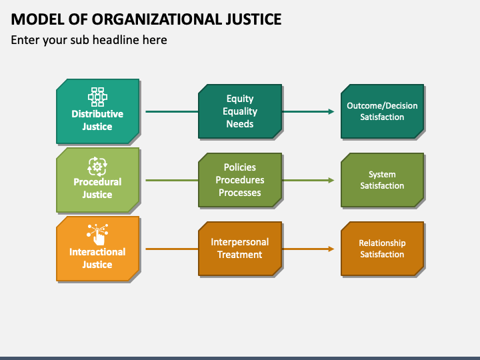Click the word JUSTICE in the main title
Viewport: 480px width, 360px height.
(254, 19)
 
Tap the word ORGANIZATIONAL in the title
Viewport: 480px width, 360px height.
(157, 19)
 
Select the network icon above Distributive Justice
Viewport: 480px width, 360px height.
(97, 97)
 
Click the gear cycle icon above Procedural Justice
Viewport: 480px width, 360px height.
(97, 167)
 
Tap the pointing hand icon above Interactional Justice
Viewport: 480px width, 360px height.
(97, 235)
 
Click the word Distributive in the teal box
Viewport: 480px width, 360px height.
(97, 114)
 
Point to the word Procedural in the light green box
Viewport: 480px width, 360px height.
(97, 182)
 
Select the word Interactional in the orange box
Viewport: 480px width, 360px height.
(97, 251)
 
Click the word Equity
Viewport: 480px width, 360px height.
(240, 99)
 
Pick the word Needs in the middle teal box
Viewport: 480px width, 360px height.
(240, 124)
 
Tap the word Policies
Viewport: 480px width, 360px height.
(240, 167)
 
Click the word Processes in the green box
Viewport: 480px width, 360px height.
(240, 193)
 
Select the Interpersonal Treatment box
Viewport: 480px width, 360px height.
(240, 249)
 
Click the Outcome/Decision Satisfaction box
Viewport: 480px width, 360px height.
(383, 111)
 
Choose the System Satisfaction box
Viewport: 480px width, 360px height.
(383, 180)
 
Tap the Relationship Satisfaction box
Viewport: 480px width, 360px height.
(383, 249)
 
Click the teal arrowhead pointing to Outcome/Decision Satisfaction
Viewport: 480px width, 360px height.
(331, 112)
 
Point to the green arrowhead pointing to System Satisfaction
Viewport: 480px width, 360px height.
(331, 180)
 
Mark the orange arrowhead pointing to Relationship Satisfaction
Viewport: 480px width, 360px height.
(331, 249)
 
